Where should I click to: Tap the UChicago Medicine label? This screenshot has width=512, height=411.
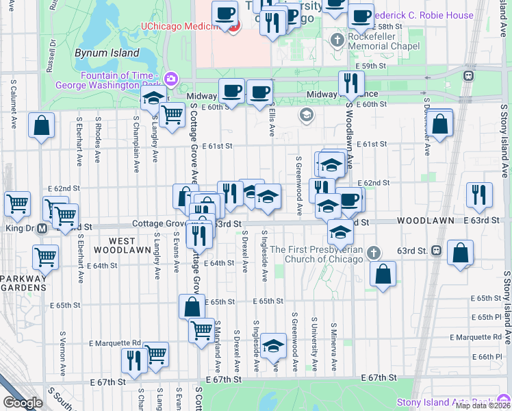click(183, 27)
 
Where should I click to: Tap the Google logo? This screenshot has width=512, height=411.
click(23, 403)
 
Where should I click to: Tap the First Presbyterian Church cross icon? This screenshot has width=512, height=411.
click(374, 252)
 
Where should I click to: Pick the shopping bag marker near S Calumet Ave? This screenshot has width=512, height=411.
click(42, 126)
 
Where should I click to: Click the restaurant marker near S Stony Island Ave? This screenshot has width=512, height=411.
click(479, 195)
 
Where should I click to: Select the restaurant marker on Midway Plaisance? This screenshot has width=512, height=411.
click(350, 84)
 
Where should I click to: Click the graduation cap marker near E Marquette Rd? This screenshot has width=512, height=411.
click(273, 347)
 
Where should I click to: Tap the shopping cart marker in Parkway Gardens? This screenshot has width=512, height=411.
click(46, 258)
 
